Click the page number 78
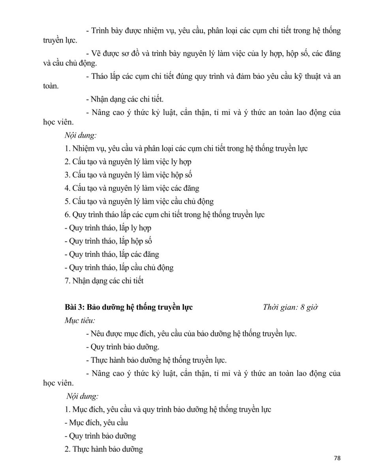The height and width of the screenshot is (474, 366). [337, 458]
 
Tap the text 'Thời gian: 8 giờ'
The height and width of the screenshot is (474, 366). [290, 307]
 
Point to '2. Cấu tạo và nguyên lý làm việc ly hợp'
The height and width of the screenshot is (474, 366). [128, 162]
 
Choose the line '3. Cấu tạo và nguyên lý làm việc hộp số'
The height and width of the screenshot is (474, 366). [128, 175]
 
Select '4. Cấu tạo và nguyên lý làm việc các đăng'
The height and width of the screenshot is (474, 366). [132, 188]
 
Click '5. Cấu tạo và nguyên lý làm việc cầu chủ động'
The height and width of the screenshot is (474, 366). [139, 201]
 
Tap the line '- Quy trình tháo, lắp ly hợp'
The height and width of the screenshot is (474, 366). [108, 228]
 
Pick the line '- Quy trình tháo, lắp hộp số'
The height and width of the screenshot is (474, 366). [108, 241]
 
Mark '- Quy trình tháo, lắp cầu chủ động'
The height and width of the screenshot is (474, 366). [119, 267]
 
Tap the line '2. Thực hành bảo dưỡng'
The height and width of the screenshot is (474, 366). [104, 449]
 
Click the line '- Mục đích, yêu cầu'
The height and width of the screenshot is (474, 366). [96, 423]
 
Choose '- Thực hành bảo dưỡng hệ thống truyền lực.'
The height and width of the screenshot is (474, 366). [156, 360]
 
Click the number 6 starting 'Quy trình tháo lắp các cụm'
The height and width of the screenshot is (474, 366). [67, 215]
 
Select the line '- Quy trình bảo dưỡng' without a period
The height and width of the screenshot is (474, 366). [100, 436]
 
